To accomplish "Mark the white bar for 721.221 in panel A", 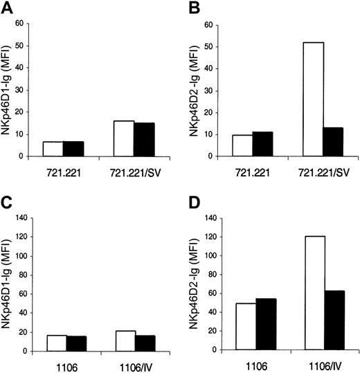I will tap(52, 149).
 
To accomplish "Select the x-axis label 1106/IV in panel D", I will tap(324, 363).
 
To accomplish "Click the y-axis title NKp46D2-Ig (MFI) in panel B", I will tap(199, 90).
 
